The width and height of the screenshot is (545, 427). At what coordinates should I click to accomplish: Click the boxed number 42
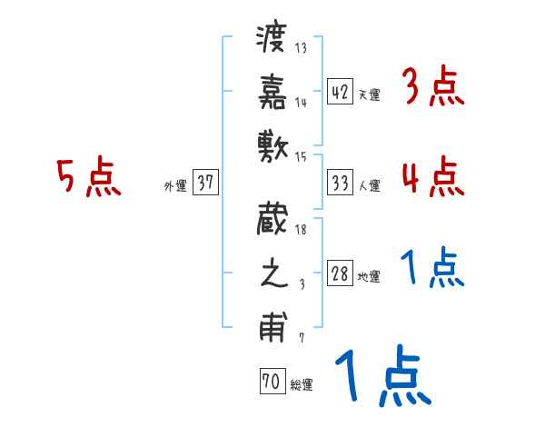[x=340, y=93]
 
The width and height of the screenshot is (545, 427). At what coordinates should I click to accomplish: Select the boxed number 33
[x=340, y=183]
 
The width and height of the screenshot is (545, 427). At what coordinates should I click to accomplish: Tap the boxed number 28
[x=340, y=274]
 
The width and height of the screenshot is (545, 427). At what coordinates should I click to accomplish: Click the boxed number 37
[x=204, y=183]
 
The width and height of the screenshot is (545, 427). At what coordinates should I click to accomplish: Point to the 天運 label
[x=369, y=94]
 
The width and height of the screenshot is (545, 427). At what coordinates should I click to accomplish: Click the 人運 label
[x=369, y=185]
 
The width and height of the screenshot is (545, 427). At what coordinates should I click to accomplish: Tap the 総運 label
[x=302, y=385]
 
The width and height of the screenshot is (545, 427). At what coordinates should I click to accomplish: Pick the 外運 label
[x=174, y=185]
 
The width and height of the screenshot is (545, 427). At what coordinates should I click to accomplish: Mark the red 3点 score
[x=431, y=89]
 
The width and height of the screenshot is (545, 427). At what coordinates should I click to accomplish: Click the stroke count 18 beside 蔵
[x=302, y=231]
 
